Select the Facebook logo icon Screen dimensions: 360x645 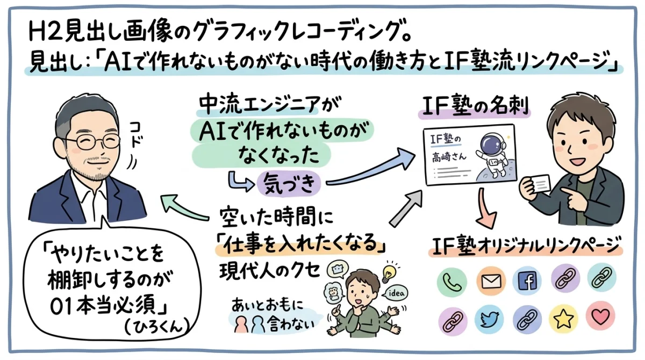527,281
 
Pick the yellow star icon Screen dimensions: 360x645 563,320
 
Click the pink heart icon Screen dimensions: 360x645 600,320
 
